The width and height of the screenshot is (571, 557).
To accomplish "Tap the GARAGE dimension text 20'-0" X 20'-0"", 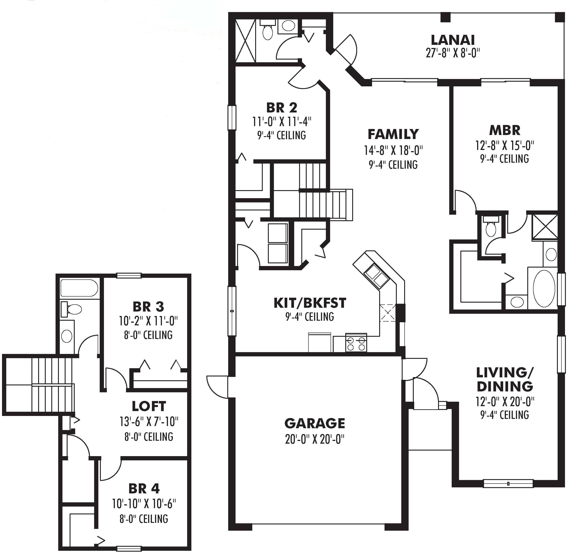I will point(314,439).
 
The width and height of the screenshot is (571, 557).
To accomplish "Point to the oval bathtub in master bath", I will point(544,289).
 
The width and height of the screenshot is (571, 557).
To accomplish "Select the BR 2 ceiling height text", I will point(281,135).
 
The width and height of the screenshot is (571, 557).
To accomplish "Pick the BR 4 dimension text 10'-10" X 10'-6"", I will point(144,504).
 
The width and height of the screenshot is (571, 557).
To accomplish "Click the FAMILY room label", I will point(393,134).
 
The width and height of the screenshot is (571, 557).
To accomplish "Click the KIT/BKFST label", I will point(310,303).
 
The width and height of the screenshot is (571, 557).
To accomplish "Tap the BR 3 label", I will point(148,307).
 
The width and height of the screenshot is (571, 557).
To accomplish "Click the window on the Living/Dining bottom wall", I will point(508,484).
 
